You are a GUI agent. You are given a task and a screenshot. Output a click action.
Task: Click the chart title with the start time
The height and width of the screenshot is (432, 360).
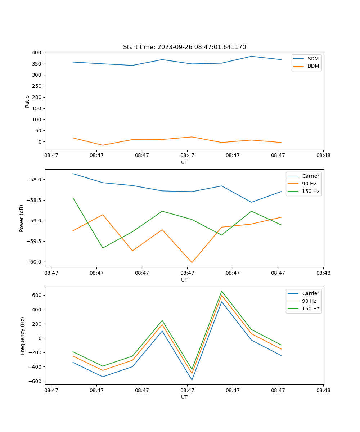[184, 47]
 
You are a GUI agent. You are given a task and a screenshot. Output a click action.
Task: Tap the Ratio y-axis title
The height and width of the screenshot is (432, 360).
[27, 101]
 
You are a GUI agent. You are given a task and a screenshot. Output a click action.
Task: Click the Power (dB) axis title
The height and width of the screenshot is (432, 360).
[22, 218]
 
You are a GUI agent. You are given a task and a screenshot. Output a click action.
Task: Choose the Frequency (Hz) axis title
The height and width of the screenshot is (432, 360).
[23, 336]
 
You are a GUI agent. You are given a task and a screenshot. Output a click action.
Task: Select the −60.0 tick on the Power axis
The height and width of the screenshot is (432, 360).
[35, 262]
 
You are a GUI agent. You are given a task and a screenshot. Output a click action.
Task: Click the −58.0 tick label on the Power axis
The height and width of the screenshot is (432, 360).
[35, 180]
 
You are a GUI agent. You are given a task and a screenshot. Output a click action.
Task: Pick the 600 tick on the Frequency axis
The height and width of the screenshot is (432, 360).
[37, 295]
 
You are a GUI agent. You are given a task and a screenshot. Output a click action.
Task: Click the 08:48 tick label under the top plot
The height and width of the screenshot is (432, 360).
[323, 156]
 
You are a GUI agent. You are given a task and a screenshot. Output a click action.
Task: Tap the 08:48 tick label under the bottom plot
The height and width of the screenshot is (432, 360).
[323, 390]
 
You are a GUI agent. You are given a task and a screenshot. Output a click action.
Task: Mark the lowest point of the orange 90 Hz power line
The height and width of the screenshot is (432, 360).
[192, 262]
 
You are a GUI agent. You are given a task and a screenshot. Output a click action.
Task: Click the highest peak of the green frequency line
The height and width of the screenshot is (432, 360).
[222, 291]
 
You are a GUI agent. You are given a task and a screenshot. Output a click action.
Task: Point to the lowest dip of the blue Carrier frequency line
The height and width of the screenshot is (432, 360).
[192, 380]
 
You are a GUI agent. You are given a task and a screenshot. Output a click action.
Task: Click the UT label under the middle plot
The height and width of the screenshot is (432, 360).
[184, 280]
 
